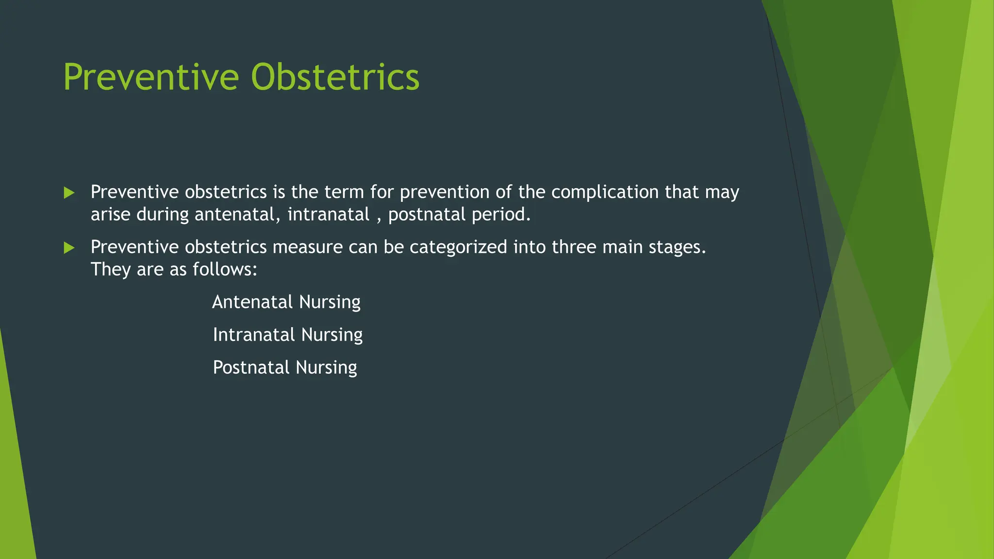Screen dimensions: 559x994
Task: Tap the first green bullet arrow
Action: point(69,193)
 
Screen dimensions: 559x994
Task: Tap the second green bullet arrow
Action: point(69,248)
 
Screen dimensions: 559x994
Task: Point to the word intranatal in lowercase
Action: point(328,214)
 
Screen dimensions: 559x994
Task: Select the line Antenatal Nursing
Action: point(286,302)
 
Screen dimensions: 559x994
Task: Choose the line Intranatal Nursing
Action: point(287,335)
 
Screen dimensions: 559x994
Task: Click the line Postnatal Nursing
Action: point(285,368)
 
